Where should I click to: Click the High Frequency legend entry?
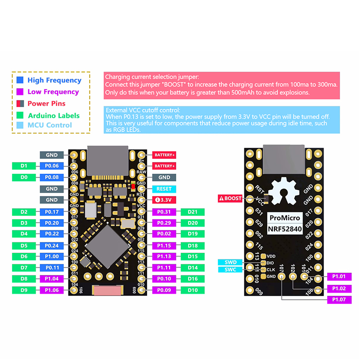pyautogui.click(x=54, y=81)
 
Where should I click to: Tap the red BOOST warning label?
pyautogui.click(x=230, y=198)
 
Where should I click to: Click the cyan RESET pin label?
pyautogui.click(x=164, y=189)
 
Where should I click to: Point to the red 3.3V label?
pyautogui.click(x=164, y=200)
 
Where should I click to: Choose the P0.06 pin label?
pyautogui.click(x=52, y=166)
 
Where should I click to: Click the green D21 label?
pyautogui.click(x=193, y=212)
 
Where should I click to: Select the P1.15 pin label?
pyautogui.click(x=164, y=245)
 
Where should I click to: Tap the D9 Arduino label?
pyautogui.click(x=24, y=290)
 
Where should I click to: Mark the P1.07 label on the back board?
pyautogui.click(x=339, y=300)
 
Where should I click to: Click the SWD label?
pyautogui.click(x=230, y=262)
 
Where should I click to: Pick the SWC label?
pyautogui.click(x=230, y=270)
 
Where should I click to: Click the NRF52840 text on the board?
pyautogui.click(x=285, y=229)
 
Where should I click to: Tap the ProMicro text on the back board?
pyautogui.click(x=285, y=218)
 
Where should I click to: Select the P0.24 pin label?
pyautogui.click(x=52, y=245)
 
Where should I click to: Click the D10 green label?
pyautogui.click(x=193, y=290)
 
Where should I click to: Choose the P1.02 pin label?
pyautogui.click(x=339, y=288)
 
